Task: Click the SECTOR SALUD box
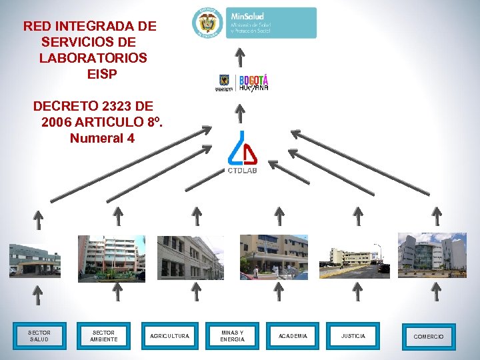pos(39,336)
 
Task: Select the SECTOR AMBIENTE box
pos(103,336)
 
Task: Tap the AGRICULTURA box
pos(169,336)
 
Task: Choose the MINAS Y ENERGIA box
pos(233,336)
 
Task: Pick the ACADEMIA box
pos(293,336)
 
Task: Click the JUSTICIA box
pos(353,336)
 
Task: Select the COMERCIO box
pos(428,337)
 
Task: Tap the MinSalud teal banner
pos(272,23)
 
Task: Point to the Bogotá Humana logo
pos(253,83)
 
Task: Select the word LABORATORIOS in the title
pos(93,58)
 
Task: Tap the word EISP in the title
pos(102,74)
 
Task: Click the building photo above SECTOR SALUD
pos(35,260)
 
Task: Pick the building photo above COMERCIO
pos(432,255)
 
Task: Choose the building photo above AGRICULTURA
pos(190,258)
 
